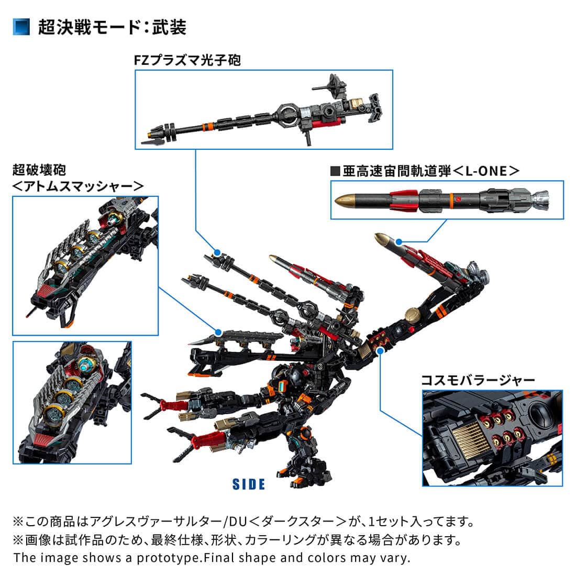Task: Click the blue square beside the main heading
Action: [x=21, y=27]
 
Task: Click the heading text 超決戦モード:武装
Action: [x=112, y=27]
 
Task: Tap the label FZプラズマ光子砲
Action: [x=187, y=60]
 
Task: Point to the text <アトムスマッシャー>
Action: [x=79, y=185]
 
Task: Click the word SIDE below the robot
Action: [x=249, y=484]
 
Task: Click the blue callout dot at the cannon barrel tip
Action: [x=216, y=251]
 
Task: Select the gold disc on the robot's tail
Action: [x=413, y=317]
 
